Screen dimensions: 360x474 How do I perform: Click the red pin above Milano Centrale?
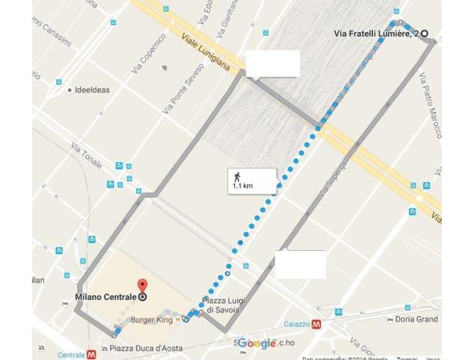(x=142, y=285)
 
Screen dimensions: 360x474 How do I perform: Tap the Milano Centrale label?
(x=105, y=297)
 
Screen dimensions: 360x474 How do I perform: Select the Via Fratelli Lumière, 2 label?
(x=376, y=33)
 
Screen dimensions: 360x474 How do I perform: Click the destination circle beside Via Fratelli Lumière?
(x=424, y=33)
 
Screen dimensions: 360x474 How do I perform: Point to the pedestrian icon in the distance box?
(x=237, y=176)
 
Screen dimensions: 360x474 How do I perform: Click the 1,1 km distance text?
(x=242, y=187)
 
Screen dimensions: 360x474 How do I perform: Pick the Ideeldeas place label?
(x=92, y=91)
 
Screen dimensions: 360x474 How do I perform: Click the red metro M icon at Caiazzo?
(x=316, y=323)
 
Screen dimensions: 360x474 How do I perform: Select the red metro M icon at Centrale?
(x=91, y=354)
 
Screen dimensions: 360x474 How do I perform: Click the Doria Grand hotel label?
(x=415, y=319)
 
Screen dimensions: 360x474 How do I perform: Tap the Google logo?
(x=257, y=344)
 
